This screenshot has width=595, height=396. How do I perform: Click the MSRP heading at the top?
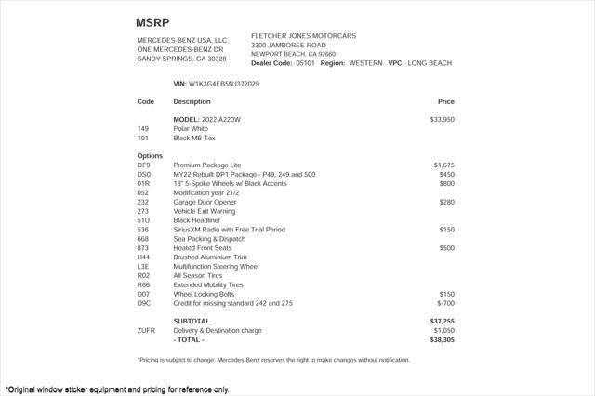click(x=152, y=21)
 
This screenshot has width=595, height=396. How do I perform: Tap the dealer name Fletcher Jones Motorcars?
click(x=303, y=36)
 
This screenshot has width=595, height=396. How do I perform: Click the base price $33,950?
click(x=442, y=120)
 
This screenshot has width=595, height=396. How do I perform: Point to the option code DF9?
click(x=143, y=165)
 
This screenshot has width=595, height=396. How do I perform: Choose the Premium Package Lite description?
click(x=207, y=165)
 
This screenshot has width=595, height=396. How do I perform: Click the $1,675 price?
click(x=443, y=165)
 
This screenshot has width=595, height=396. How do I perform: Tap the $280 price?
click(x=446, y=202)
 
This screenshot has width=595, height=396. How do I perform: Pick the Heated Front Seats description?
click(x=203, y=248)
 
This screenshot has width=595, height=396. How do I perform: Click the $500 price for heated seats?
click(x=446, y=248)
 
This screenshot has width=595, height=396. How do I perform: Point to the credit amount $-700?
click(x=445, y=303)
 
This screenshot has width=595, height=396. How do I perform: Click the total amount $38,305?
click(x=442, y=339)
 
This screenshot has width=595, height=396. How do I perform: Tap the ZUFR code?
click(x=146, y=330)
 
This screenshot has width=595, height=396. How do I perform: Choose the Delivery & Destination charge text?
click(x=231, y=330)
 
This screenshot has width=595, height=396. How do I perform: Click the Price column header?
click(x=445, y=101)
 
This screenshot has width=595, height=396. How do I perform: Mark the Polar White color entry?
click(x=192, y=128)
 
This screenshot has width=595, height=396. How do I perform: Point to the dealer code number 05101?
click(x=306, y=63)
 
